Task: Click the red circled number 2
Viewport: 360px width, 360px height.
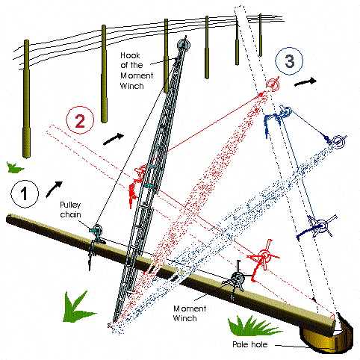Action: [80, 120]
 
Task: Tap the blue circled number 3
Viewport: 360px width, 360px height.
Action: [289, 61]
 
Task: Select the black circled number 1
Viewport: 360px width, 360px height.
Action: [25, 193]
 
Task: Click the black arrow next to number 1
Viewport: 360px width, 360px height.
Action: [54, 189]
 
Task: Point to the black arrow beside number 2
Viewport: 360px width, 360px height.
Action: [114, 139]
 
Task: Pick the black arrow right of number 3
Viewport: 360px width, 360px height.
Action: [305, 82]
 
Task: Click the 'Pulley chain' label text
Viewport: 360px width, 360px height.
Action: [70, 210]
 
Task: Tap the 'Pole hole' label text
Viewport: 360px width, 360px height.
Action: [250, 344]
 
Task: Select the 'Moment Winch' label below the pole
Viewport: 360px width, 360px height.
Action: [190, 313]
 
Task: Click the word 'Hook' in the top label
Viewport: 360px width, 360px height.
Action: [130, 55]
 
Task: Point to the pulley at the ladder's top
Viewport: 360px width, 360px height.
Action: [184, 45]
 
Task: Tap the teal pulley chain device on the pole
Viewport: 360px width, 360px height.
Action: [96, 233]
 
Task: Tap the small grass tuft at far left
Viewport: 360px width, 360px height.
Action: [14, 167]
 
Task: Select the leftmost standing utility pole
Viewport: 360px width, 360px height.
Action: [26, 99]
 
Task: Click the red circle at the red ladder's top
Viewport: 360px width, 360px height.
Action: [273, 84]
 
